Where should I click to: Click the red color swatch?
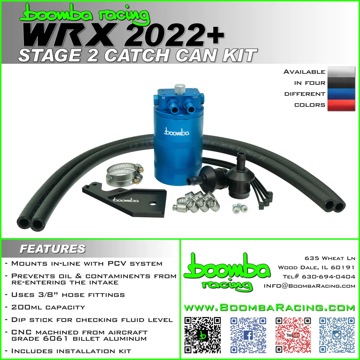pos(341,105)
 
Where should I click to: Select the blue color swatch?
pos(341,94)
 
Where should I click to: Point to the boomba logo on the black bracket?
pos(125,200)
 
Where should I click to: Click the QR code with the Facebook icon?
pos(248,335)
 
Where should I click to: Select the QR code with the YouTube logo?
pos(293,335)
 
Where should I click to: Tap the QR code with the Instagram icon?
pos(337,335)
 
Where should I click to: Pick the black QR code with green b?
pos(202,335)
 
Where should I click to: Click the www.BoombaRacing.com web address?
pos(269,307)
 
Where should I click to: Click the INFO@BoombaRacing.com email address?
pos(309,286)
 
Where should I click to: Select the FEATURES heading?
pos(53,249)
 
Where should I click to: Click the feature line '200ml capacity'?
pos(48,307)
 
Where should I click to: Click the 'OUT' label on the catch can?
pos(195,97)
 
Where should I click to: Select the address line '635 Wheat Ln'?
pos(330,258)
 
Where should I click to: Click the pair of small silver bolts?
pos(240,208)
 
